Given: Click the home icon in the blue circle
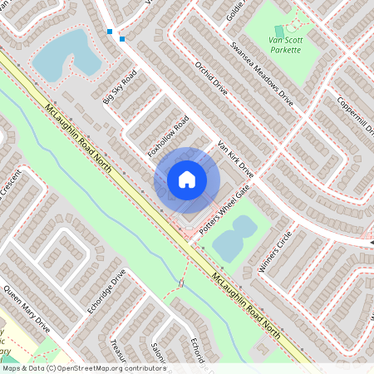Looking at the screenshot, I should pyautogui.click(x=187, y=179).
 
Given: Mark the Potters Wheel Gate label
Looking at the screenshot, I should pyautogui.click(x=223, y=204).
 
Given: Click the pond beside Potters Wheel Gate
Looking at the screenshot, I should pyautogui.click(x=234, y=239).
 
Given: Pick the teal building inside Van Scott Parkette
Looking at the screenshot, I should pyautogui.click(x=279, y=31).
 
